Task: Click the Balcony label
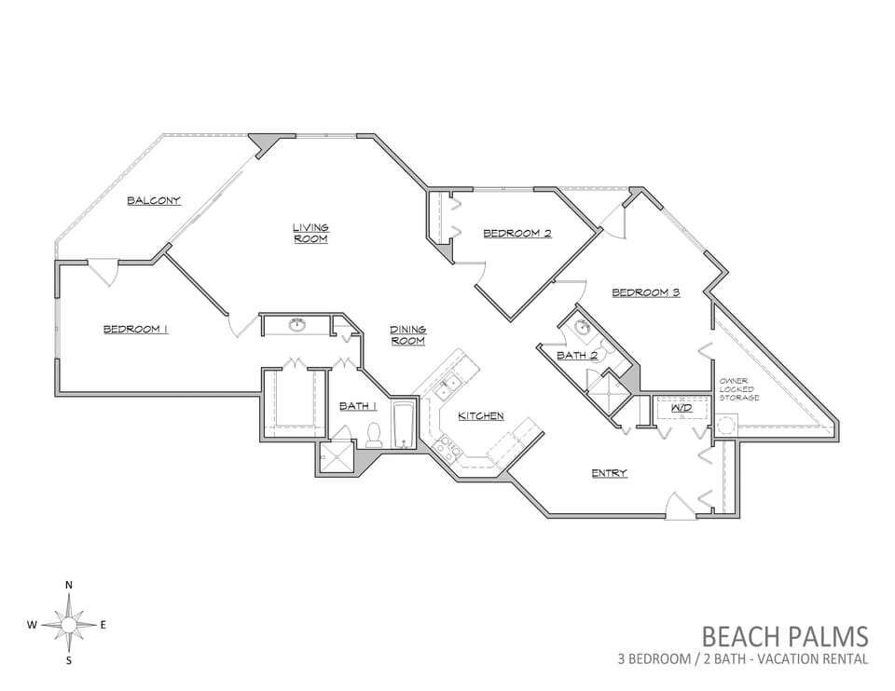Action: click(154, 200)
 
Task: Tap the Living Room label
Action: click(310, 233)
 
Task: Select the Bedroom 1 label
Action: click(135, 329)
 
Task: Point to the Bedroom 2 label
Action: click(517, 233)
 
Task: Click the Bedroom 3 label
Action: click(646, 292)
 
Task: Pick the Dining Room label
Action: click(407, 335)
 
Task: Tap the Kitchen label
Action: click(481, 416)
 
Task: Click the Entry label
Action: click(609, 473)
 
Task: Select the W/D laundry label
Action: click(682, 408)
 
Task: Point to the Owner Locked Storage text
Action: click(739, 389)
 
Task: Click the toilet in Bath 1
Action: click(374, 435)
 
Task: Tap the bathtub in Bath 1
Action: click(404, 426)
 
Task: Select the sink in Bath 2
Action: click(582, 327)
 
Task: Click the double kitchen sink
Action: click(447, 387)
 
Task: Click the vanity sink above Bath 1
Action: click(296, 326)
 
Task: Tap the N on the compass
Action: click(69, 585)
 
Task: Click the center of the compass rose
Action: click(68, 625)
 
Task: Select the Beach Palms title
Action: click(785, 636)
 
